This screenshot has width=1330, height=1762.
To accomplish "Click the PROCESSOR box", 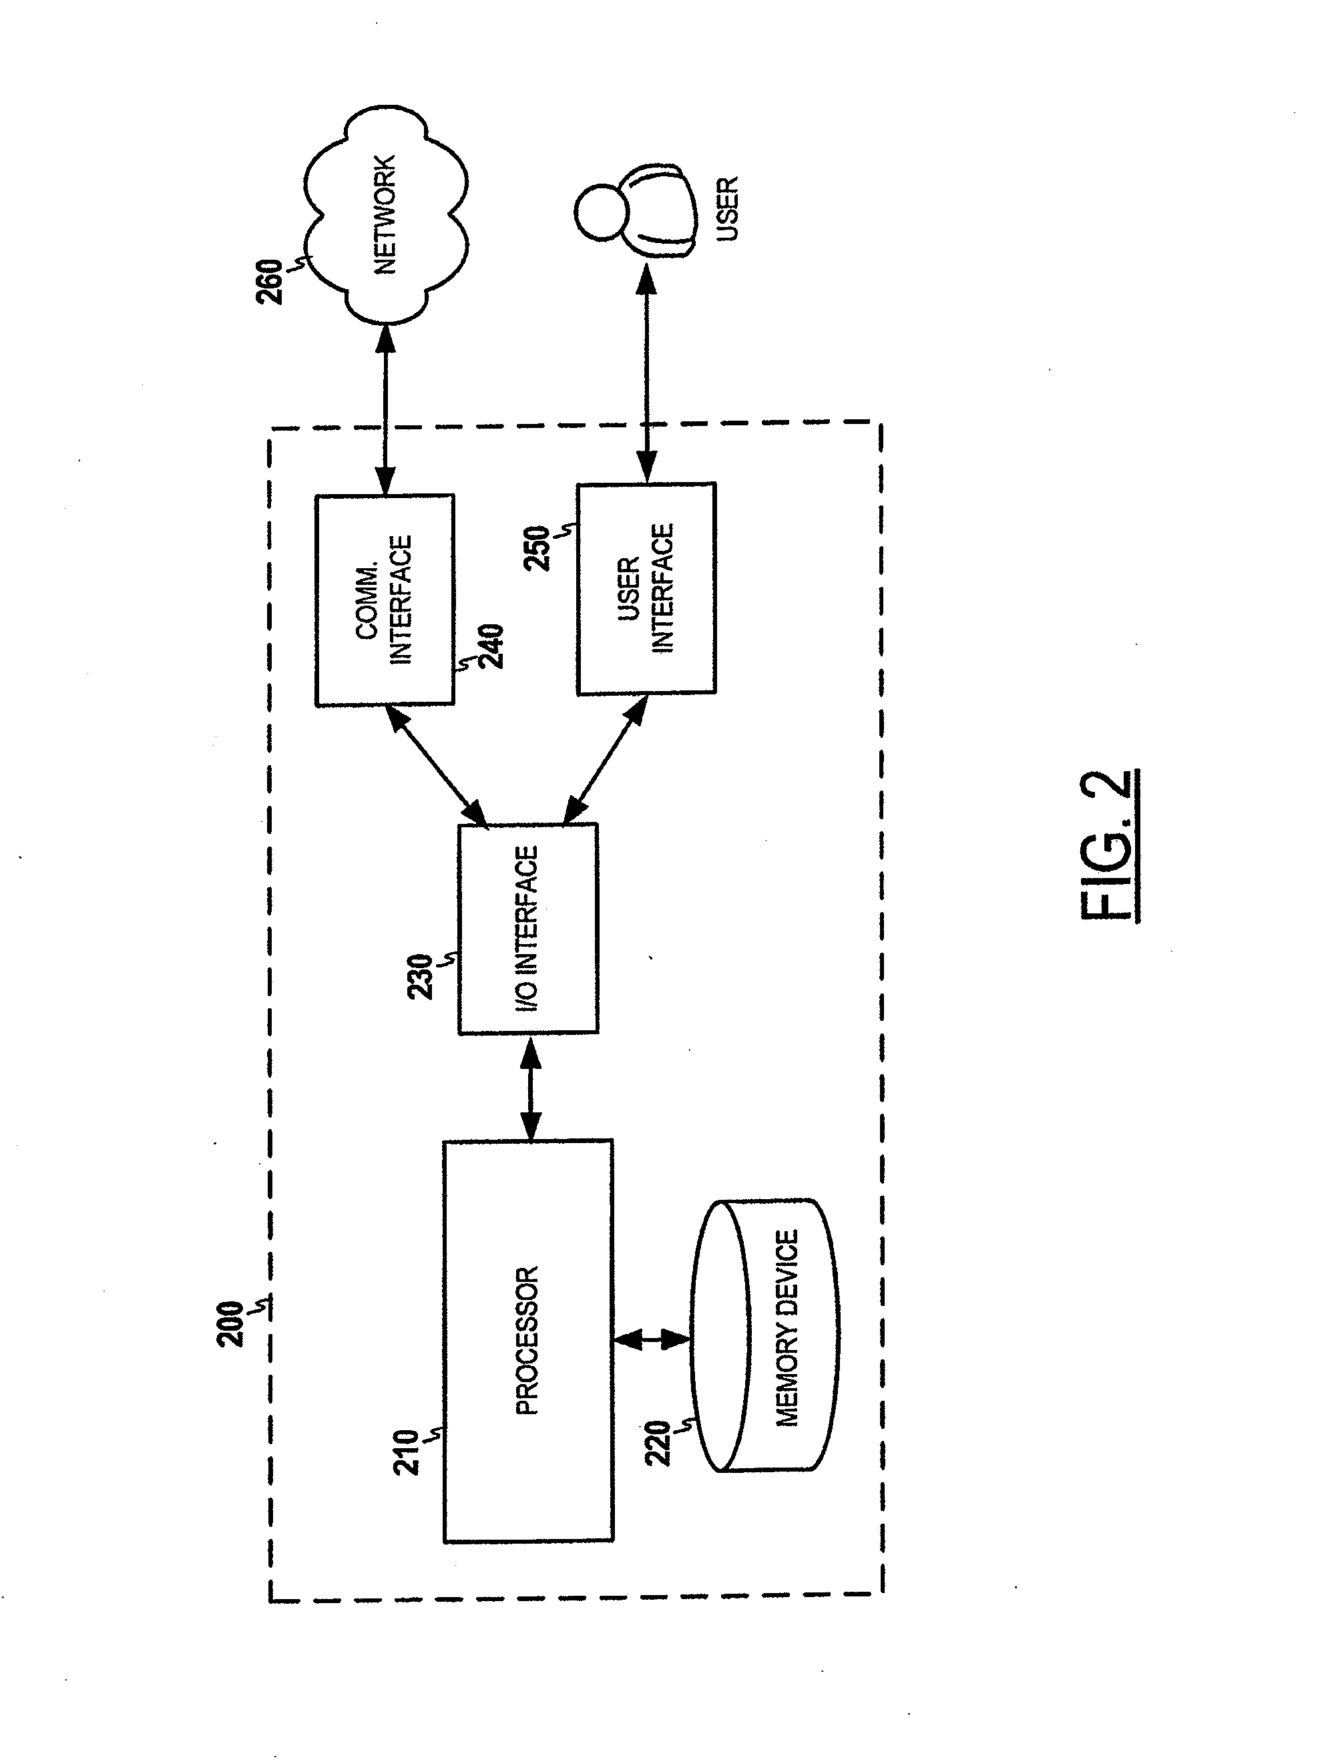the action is point(528,1341).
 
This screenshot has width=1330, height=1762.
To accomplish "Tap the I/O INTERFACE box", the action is point(528,929).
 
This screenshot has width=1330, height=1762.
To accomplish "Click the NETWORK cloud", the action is point(385,214).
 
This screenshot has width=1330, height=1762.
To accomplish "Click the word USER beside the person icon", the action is point(727,209).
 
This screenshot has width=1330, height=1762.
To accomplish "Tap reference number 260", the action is point(269,281).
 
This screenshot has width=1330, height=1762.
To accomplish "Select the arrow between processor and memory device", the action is point(652,1341).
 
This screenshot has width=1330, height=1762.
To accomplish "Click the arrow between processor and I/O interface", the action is point(530,1087).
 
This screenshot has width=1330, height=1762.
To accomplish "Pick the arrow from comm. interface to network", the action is point(385,409).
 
